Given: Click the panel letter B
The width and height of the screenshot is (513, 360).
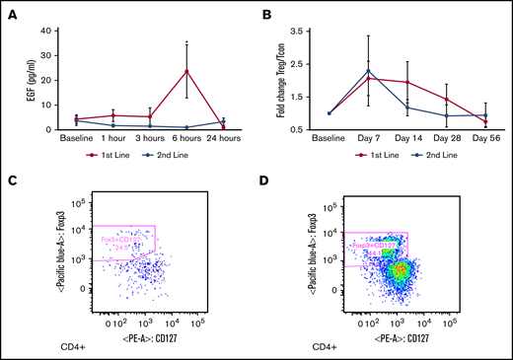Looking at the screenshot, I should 267,15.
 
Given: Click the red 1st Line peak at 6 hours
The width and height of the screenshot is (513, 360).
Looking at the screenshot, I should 186,70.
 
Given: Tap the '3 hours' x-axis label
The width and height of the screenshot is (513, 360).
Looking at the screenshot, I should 150,141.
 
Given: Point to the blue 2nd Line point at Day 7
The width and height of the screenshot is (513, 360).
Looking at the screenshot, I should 368,71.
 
